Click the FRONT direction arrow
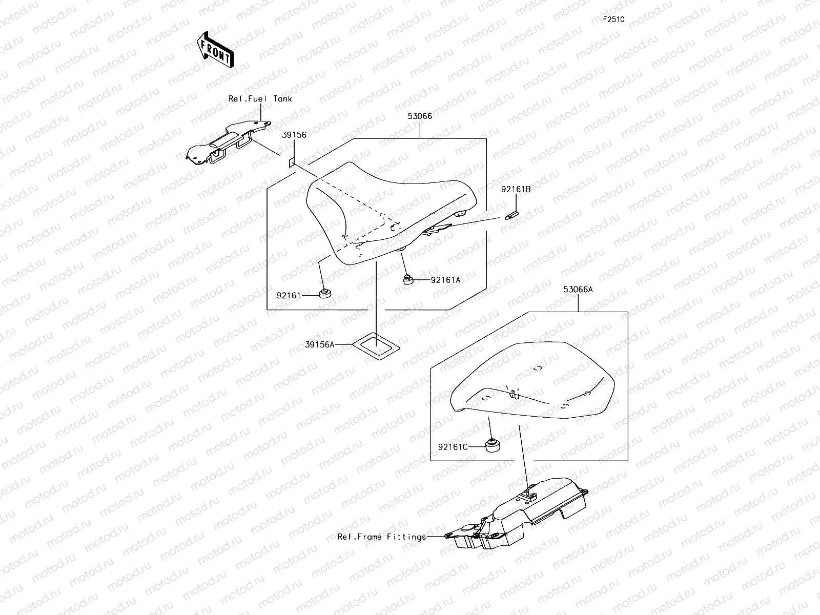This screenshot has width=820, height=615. tap(216, 50)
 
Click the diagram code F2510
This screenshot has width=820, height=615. tap(613, 19)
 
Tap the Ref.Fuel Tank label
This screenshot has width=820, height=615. tap(260, 98)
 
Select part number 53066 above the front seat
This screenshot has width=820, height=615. tap(420, 116)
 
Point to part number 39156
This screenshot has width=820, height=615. tap(294, 135)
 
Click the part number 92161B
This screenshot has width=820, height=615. tap(516, 189)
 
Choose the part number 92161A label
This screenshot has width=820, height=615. tap(446, 280)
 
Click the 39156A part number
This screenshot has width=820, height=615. tap(320, 344)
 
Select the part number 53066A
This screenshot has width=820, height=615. tap(578, 290)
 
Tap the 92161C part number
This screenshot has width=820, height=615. tap(453, 447)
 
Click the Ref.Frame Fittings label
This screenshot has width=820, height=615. tap(381, 537)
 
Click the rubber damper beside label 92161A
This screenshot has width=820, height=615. tap(408, 280)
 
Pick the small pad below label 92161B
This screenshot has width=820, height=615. tap(511, 215)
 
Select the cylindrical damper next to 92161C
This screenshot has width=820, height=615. tap(493, 445)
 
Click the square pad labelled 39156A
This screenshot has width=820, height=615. tap(376, 346)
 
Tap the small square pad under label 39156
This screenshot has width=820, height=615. tap(292, 162)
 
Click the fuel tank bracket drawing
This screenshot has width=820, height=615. tap(228, 142)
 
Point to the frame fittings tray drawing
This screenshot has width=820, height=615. tap(516, 514)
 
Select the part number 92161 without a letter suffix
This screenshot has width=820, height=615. tap(289, 296)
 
